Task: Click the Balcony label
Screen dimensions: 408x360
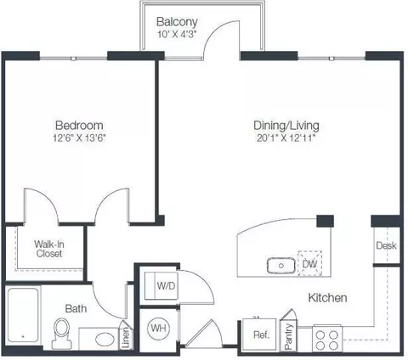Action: coord(177,22)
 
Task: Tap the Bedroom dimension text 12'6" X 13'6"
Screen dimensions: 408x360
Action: coord(79,138)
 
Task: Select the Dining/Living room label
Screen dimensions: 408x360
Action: coord(286,126)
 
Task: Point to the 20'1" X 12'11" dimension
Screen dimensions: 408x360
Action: coord(286,138)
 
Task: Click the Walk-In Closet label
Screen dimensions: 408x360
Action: coord(49,249)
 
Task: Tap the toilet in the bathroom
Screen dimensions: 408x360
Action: coord(62,334)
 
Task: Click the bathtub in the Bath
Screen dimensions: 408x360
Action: coord(23,315)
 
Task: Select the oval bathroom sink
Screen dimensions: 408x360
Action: coord(105,340)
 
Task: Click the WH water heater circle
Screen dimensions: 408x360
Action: coord(158,329)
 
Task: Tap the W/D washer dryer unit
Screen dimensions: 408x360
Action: coord(161,286)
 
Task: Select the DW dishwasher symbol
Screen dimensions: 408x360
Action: coord(309,263)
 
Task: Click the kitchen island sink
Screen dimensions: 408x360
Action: coord(281,266)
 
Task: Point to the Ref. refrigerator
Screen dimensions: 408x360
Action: coord(259,335)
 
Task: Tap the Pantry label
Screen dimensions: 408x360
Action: coord(288,336)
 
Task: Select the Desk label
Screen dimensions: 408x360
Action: coord(386,245)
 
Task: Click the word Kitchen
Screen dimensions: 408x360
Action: coord(327,298)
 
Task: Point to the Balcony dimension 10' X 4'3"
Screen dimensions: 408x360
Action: coord(177,35)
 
